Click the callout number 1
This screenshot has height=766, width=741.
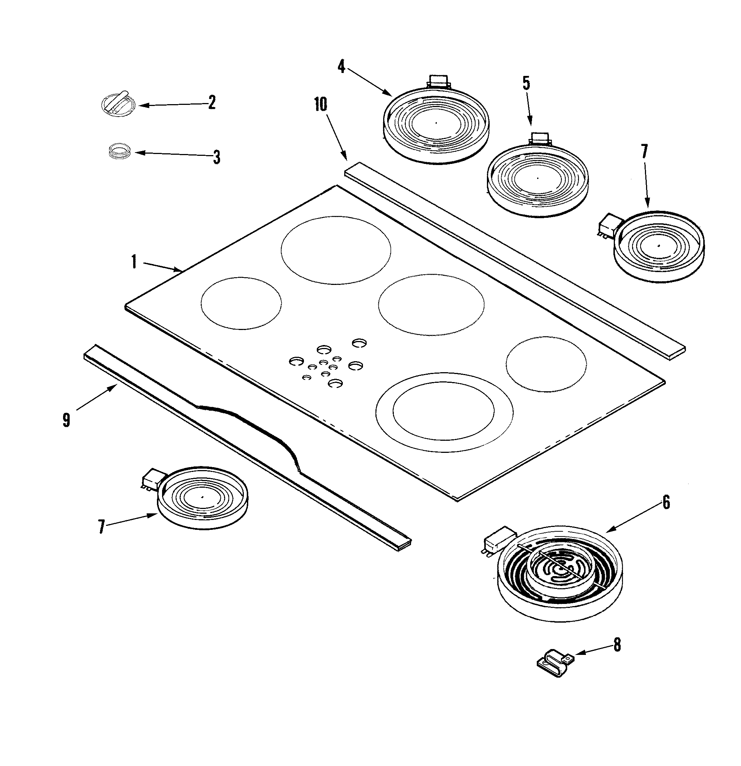134,262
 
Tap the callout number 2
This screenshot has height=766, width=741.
212,102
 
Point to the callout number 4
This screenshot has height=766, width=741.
342,67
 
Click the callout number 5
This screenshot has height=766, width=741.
527,83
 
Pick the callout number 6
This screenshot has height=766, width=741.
666,502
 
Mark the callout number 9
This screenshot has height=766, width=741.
66,420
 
